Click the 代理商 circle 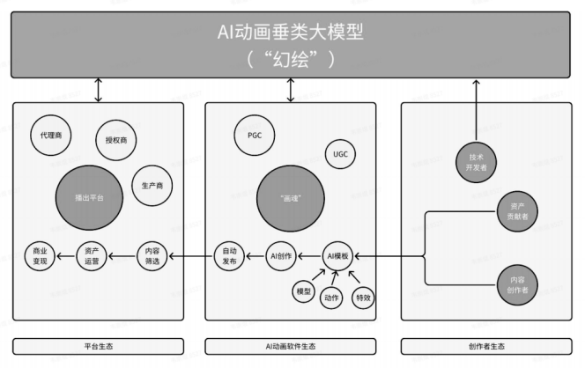pos(51,136)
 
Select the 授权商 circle pos(115,140)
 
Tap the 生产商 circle pos(152,186)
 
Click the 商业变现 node pos(39,256)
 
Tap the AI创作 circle pos(280,256)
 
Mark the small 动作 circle pos(332,299)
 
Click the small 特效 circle pos(363,298)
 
